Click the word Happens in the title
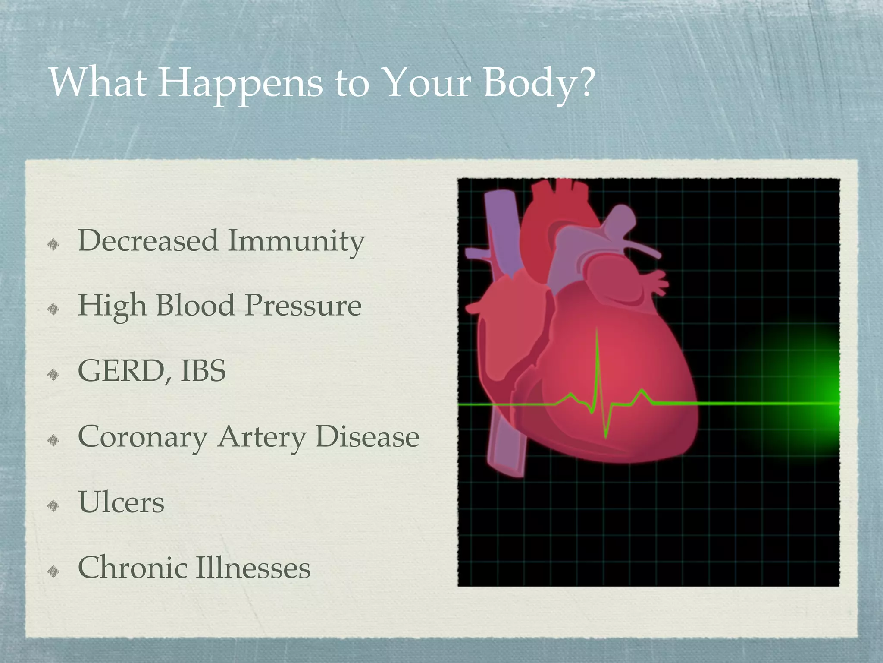pos(240,83)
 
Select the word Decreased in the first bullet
pos(147,240)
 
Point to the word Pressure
pos(303,306)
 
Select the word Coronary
pos(142,437)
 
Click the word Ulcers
pos(121,502)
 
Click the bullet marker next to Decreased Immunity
pos(53,245)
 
